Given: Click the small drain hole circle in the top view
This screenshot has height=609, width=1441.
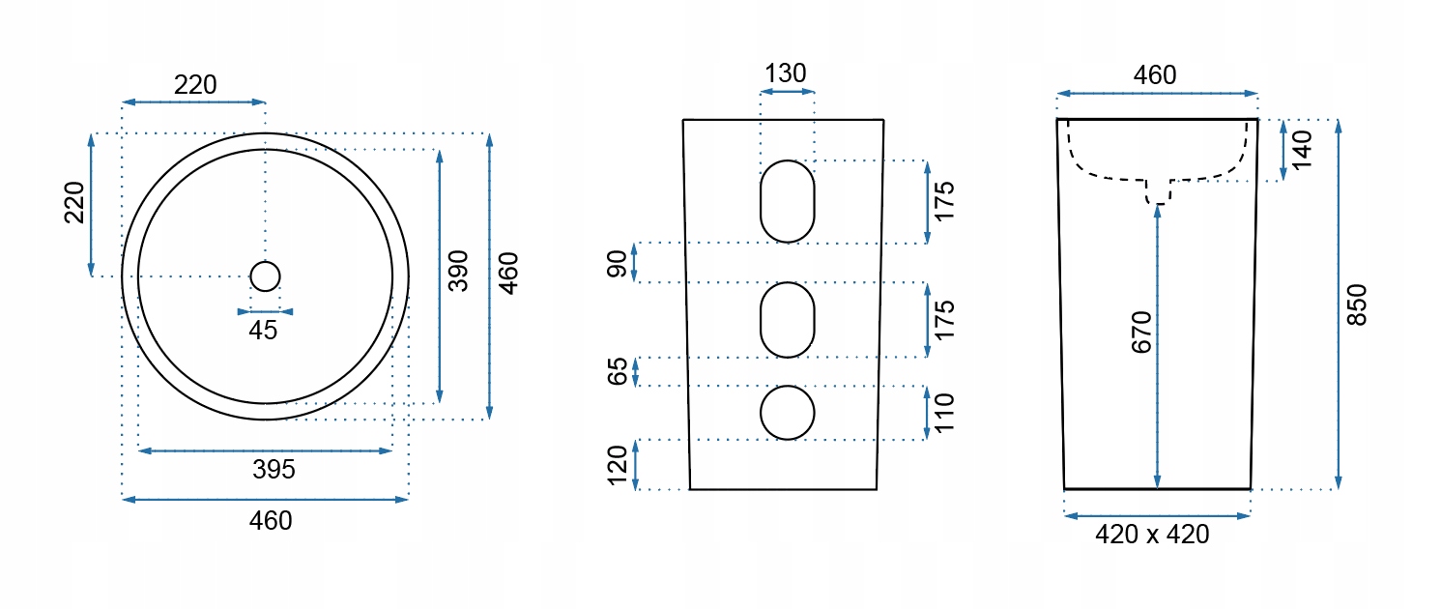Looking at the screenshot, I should [265, 276].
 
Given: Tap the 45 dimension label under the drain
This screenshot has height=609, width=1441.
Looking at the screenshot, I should [263, 331].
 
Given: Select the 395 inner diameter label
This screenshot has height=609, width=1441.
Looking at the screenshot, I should [274, 471].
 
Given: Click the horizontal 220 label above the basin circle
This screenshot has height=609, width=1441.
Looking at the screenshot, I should [195, 85].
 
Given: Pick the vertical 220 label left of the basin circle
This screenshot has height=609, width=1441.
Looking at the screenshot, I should [75, 202].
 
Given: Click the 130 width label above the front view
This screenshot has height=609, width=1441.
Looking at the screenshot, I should [786, 74].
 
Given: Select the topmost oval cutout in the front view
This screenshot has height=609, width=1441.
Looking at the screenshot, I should [788, 201].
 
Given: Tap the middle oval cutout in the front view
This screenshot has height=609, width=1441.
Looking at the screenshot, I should [788, 320].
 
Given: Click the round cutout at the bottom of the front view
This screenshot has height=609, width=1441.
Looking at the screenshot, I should [788, 413].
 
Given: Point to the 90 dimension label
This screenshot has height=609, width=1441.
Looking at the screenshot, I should [618, 262].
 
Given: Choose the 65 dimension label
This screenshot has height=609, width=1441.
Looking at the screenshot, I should [618, 372].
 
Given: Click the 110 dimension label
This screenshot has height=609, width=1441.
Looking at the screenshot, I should [944, 413].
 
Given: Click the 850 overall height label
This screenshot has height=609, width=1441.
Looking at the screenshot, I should [1358, 304].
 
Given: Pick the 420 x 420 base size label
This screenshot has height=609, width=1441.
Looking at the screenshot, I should [1152, 534].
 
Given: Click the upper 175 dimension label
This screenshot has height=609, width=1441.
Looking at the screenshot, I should [944, 201].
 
